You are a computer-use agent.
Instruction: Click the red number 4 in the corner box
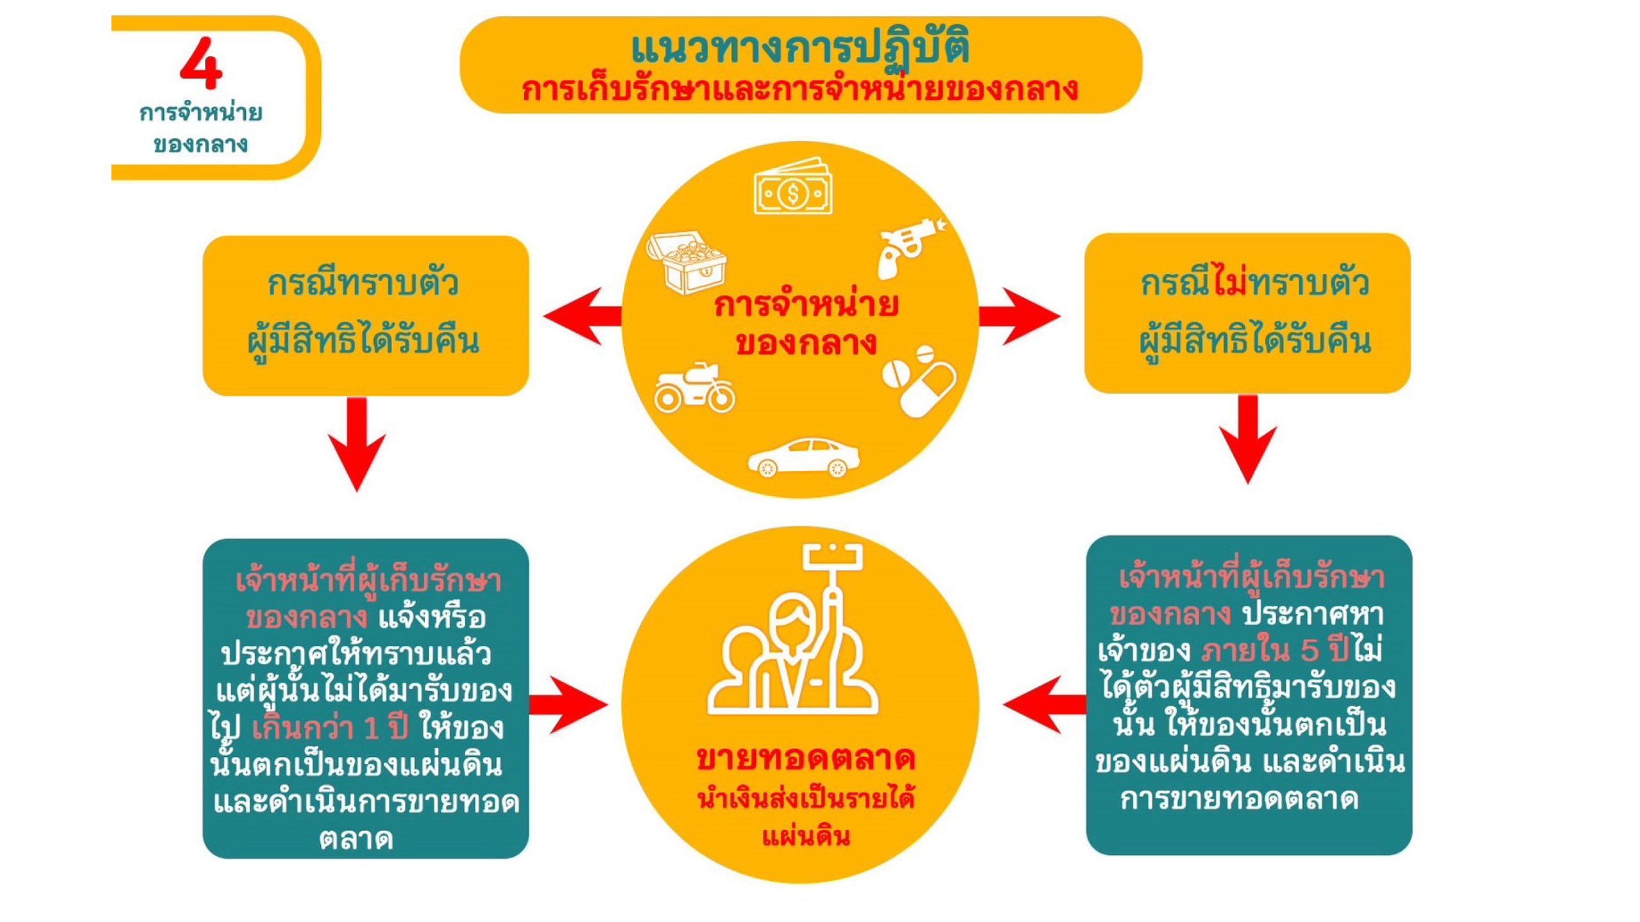tap(201, 63)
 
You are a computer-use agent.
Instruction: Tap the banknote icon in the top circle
tap(793, 188)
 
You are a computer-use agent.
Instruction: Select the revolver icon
tap(910, 247)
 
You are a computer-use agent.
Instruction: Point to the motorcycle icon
tap(694, 388)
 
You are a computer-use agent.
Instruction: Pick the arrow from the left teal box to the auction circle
tap(568, 705)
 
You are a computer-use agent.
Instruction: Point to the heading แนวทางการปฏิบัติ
tap(800, 47)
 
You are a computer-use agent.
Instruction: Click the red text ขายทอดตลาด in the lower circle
tap(806, 759)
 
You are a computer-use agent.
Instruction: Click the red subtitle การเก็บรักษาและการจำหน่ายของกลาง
tap(800, 90)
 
